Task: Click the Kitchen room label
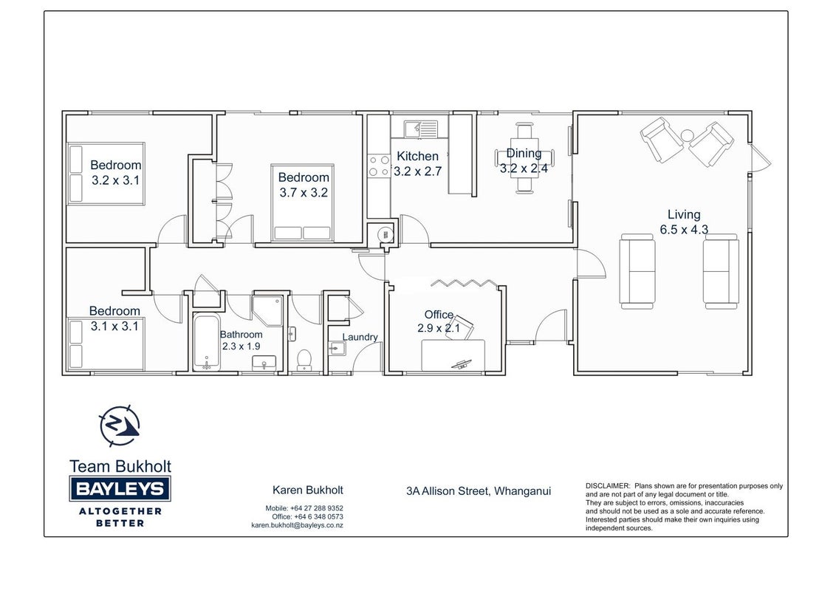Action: click(x=417, y=157)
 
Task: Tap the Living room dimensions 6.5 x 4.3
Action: click(x=684, y=230)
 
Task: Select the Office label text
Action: click(x=439, y=315)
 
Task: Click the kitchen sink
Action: click(x=421, y=129)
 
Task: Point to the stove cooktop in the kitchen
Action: click(x=379, y=166)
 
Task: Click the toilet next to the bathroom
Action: click(x=304, y=360)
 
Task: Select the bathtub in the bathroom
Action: click(x=206, y=342)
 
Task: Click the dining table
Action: click(x=524, y=158)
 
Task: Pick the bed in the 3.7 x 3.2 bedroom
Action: click(x=302, y=202)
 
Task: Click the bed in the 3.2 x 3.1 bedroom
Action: click(x=106, y=174)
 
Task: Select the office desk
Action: click(x=453, y=355)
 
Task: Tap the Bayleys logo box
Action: click(x=120, y=488)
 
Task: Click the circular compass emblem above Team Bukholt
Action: click(x=120, y=426)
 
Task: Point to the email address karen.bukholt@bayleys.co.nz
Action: click(x=297, y=525)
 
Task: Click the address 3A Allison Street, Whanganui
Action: click(x=479, y=491)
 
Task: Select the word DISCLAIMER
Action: click(x=608, y=486)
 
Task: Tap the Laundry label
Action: click(x=360, y=337)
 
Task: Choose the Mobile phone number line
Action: click(x=304, y=508)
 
